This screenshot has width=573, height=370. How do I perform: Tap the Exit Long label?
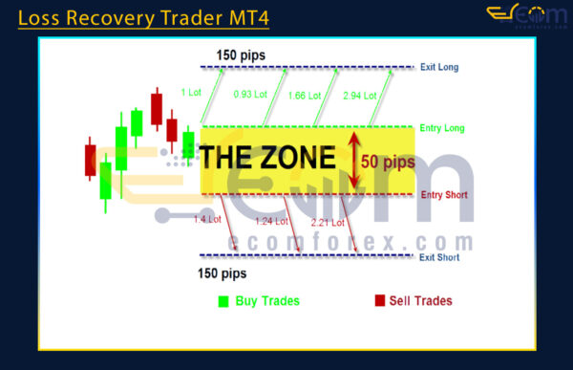439,67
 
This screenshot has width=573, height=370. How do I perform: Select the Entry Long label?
441,127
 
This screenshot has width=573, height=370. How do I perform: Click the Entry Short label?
442,195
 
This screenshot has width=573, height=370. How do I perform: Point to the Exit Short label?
440,256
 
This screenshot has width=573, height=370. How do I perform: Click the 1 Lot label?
190,93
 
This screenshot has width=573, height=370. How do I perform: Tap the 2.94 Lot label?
360,95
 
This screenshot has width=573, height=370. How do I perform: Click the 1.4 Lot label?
207,219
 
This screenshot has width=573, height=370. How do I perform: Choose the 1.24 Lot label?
270,223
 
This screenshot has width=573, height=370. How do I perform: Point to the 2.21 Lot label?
328,223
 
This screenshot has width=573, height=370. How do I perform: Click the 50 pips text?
388,162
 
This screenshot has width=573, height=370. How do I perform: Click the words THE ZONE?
272,158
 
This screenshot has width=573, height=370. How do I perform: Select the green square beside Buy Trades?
223,302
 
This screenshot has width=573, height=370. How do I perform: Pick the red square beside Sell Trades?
379,301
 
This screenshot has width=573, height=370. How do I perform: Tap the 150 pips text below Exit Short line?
221,274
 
